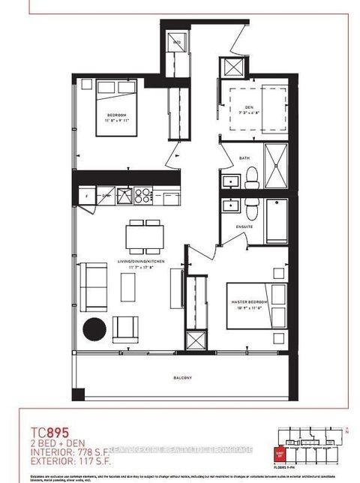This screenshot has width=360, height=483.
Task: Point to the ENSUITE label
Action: click(244, 225)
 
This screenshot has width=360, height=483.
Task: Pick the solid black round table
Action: click(94, 328)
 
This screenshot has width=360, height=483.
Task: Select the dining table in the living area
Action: click(142, 238)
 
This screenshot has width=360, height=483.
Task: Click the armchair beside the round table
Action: click(125, 328)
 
